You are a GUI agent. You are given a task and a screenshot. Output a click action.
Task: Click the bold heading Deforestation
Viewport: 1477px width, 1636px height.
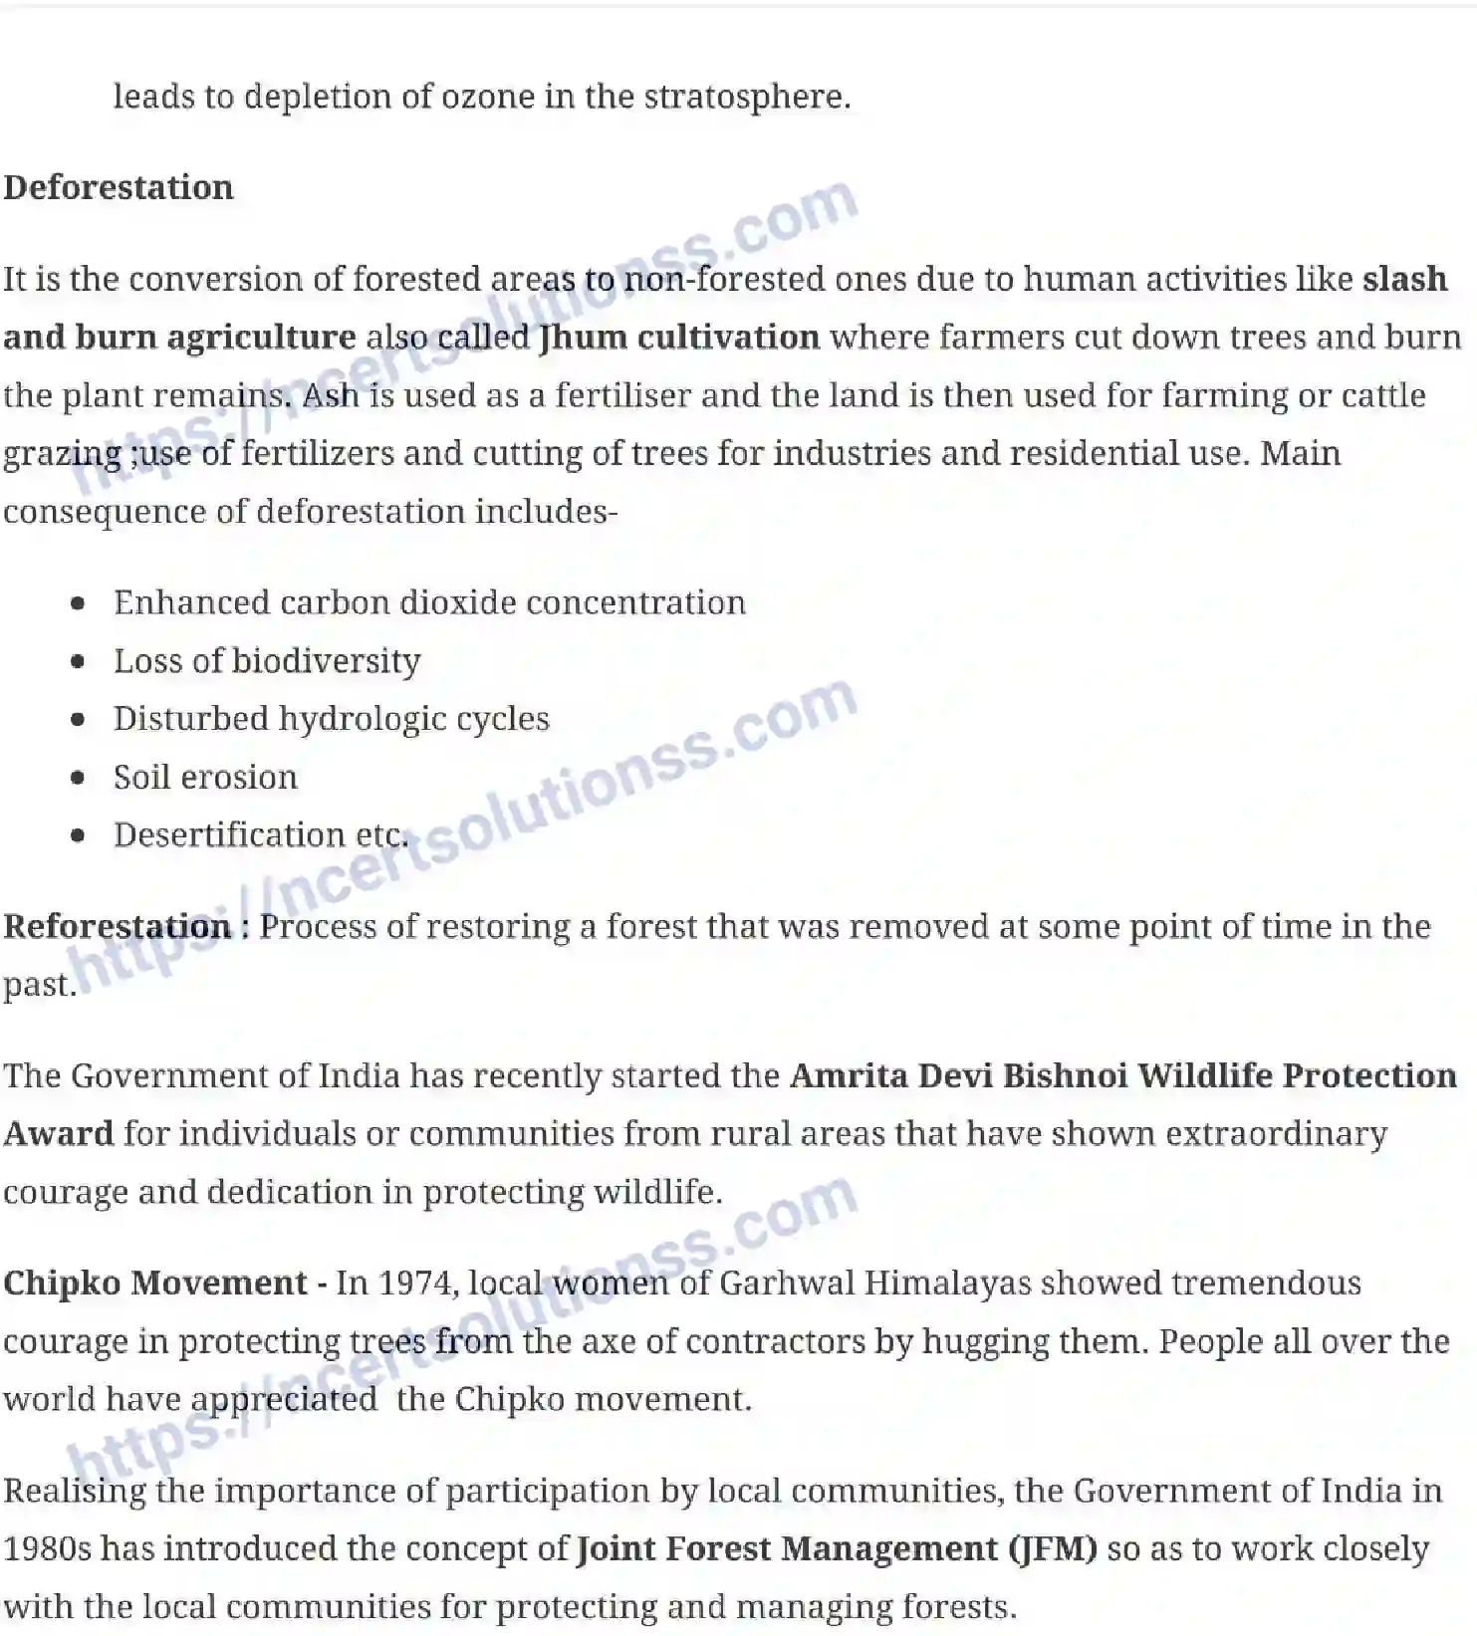click(118, 187)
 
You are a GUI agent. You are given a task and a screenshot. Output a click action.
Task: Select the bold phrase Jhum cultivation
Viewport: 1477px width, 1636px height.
click(678, 338)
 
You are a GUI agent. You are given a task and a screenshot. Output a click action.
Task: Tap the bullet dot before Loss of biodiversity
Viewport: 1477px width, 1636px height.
click(79, 661)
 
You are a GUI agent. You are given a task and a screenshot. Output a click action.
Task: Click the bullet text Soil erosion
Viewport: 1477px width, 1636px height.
click(205, 777)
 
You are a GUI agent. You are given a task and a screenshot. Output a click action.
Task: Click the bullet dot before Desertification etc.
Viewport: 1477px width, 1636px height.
click(79, 835)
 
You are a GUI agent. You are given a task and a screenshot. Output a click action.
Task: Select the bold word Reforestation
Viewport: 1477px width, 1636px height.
click(118, 926)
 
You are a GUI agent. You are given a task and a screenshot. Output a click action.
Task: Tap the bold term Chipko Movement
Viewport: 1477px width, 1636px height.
click(155, 1283)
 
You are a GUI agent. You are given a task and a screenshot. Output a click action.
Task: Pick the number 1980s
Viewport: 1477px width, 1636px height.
click(47, 1548)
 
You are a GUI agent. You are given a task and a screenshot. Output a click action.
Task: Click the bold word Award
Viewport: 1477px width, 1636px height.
click(59, 1133)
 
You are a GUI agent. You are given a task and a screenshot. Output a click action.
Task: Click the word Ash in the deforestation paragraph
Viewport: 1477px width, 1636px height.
click(331, 395)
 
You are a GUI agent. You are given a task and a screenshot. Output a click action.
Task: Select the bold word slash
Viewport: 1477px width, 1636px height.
click(1404, 279)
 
